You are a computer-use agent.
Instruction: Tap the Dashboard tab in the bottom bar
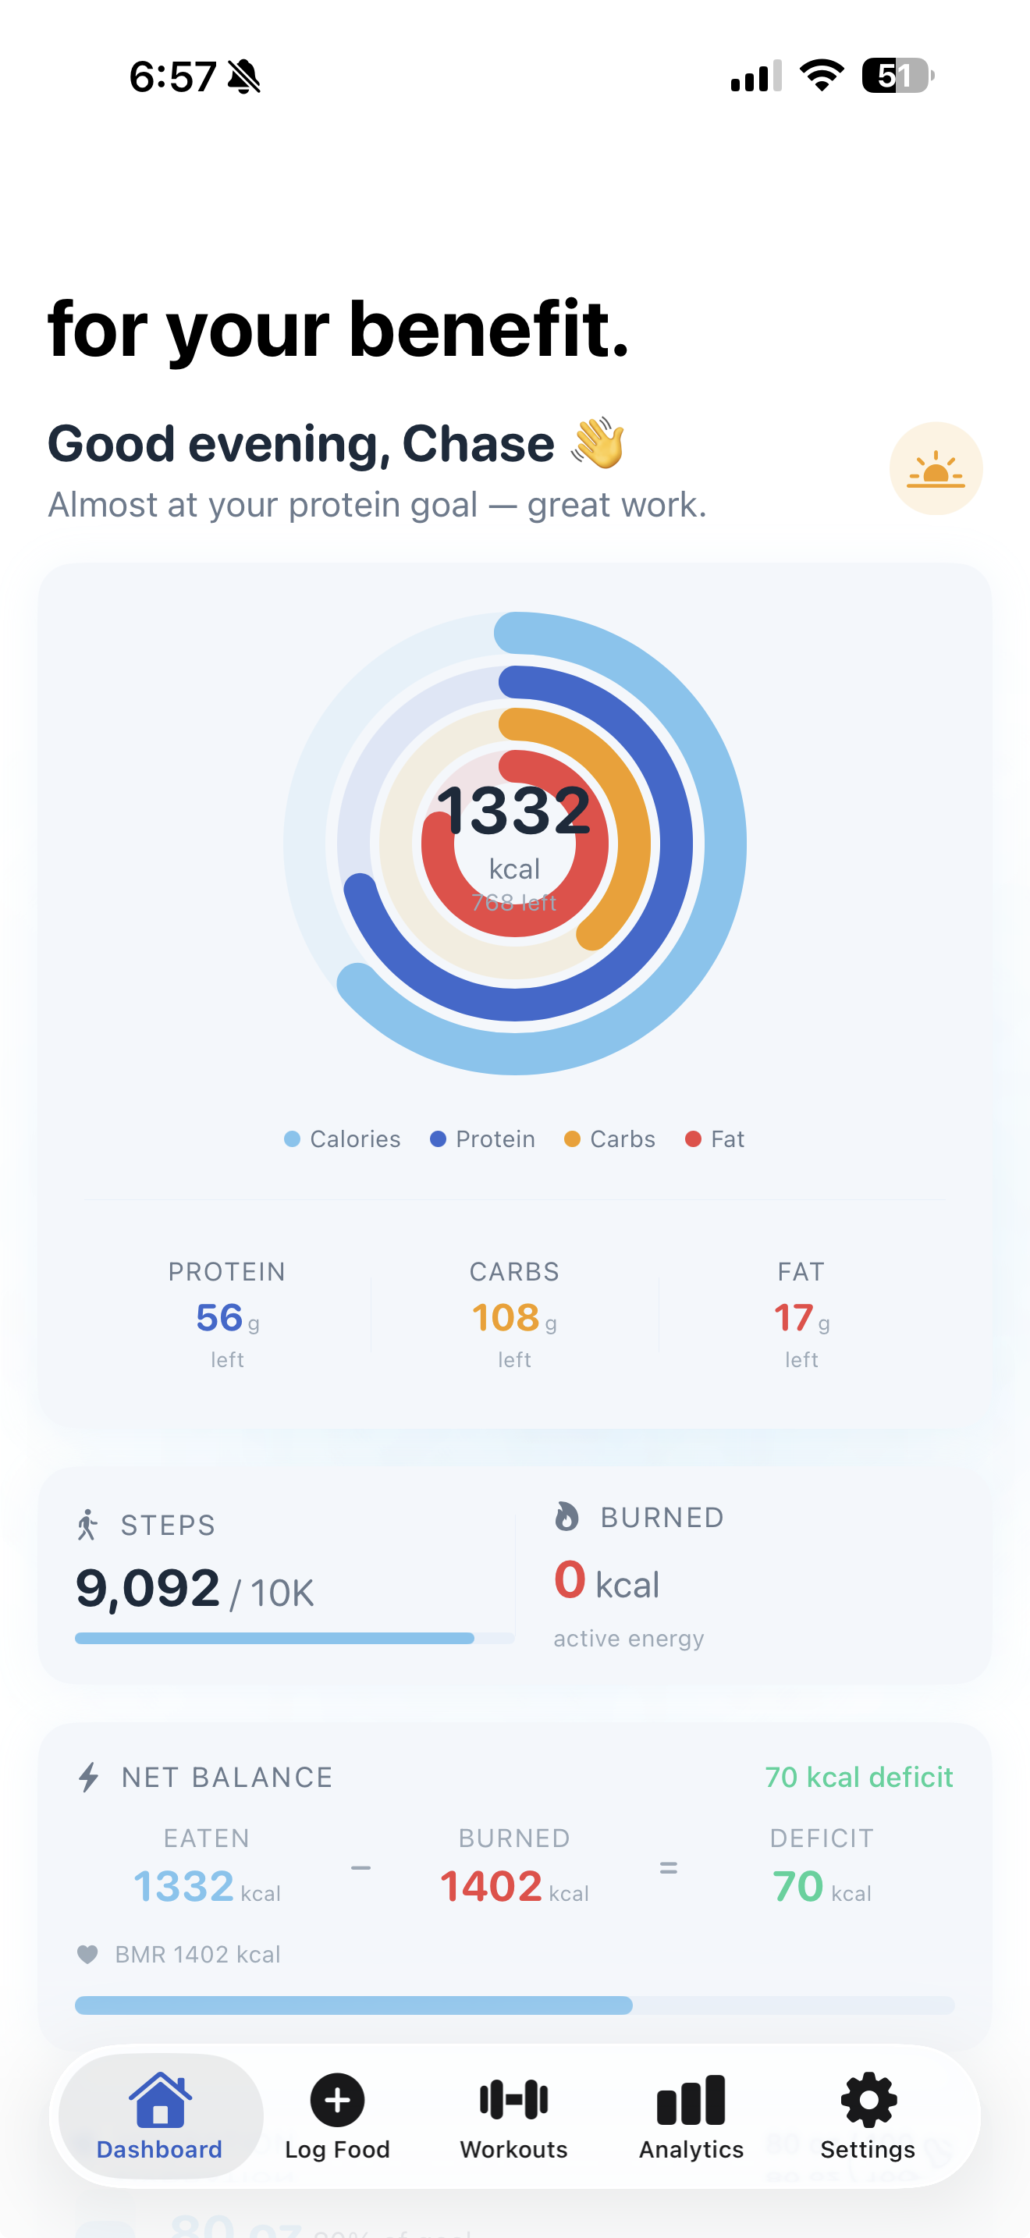(160, 2115)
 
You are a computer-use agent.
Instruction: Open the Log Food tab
(337, 2115)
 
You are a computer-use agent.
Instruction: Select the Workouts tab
(513, 2115)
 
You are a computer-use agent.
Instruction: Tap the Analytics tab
(691, 2115)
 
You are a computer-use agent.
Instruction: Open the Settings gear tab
(868, 2115)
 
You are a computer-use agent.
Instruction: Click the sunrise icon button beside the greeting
(936, 469)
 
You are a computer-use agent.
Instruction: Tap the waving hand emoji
(598, 443)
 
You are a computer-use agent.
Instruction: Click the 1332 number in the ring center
(514, 810)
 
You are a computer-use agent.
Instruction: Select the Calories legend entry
(343, 1139)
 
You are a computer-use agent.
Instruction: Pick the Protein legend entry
(483, 1139)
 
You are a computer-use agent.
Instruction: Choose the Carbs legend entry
(609, 1139)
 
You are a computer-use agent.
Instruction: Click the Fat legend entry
(715, 1139)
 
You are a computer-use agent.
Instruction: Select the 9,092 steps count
(147, 1588)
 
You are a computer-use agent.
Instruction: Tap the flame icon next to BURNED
(567, 1517)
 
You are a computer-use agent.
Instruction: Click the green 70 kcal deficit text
(858, 1778)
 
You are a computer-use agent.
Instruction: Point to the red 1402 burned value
(492, 1886)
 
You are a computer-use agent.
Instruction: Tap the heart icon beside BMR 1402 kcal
(87, 1954)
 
